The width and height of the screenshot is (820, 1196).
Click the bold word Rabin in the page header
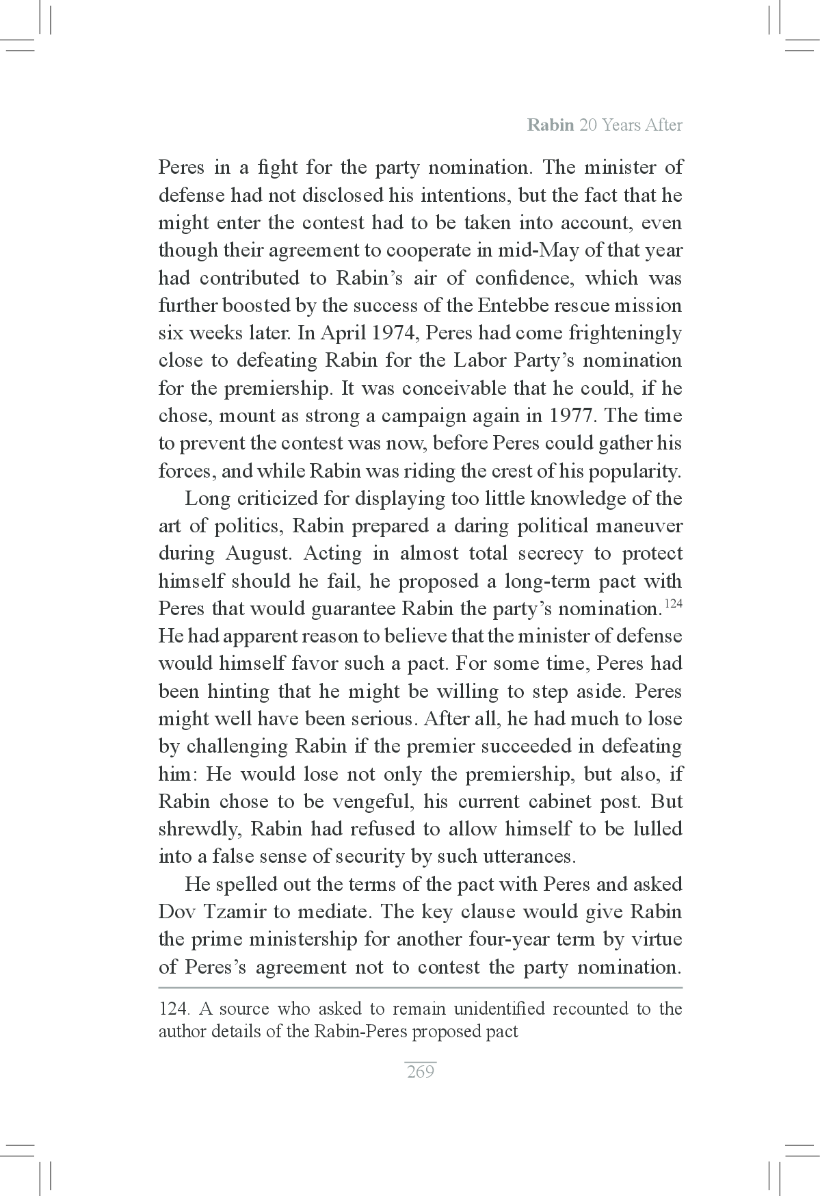[x=551, y=126]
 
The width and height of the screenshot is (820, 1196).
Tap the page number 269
[x=420, y=1071]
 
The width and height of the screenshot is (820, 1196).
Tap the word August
[x=256, y=554]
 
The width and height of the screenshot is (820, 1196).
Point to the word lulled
[x=657, y=830]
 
